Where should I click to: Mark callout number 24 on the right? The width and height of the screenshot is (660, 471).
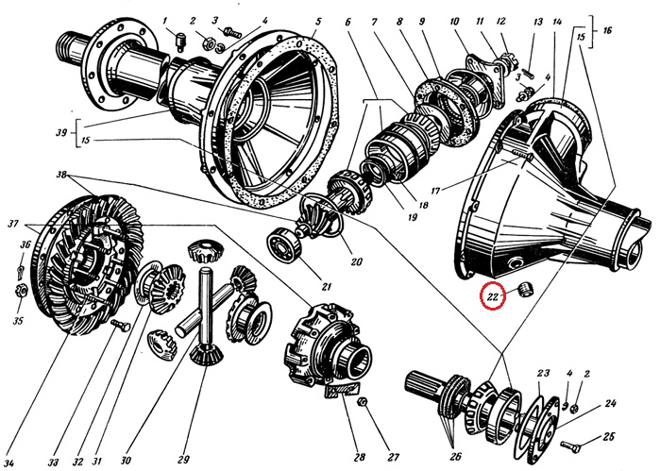(x=611, y=403)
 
